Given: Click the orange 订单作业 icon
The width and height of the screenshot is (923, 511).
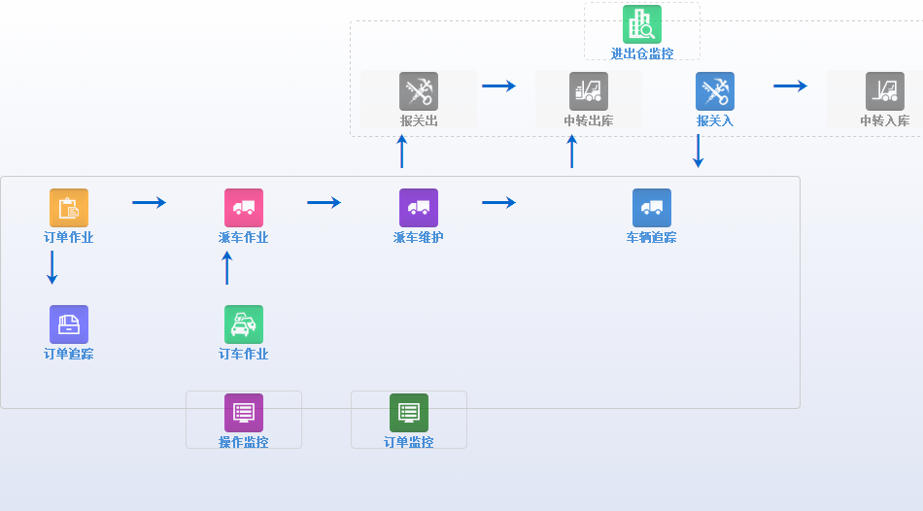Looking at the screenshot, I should (69, 208).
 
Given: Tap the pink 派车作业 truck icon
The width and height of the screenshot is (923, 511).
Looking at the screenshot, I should (244, 208).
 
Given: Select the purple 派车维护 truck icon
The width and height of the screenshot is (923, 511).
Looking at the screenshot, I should (419, 208).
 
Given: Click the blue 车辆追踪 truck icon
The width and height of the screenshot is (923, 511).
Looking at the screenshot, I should (652, 208).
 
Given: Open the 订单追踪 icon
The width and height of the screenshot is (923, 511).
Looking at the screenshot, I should (69, 324).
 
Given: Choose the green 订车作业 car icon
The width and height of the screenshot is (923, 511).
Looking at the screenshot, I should (244, 324).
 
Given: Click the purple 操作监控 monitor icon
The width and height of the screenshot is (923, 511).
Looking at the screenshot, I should (244, 413).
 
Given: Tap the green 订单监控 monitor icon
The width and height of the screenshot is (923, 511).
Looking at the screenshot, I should (409, 413).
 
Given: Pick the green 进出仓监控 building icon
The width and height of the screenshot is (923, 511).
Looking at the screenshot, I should (642, 24).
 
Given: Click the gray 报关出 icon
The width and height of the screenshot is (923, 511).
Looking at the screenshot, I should (419, 91).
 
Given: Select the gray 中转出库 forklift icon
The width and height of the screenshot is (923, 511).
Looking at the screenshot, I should (589, 91).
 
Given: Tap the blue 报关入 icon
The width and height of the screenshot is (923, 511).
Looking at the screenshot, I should (715, 91).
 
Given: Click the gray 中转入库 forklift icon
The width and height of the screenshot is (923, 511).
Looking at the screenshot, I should (885, 91).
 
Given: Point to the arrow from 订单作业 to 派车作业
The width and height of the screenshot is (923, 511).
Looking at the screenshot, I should (150, 202).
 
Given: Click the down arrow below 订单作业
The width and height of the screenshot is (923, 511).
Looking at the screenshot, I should (52, 267).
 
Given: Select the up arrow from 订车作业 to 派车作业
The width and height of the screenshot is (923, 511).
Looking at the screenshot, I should (227, 267).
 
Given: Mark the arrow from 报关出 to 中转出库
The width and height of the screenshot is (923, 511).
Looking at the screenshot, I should (499, 85).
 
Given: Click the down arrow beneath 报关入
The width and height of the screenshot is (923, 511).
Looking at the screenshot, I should (698, 151).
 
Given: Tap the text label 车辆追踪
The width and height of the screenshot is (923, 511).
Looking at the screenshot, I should (652, 237).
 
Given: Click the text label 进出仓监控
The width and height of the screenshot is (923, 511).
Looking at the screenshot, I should (642, 53).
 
